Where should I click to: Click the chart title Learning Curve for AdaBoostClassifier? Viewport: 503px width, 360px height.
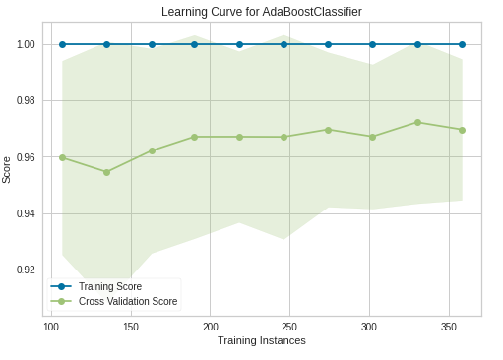[x=262, y=12]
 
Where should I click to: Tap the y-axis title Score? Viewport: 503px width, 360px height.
[x=6, y=170]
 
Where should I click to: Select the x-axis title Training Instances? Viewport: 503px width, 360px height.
[x=262, y=340]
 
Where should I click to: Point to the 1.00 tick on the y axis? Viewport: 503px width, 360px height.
[x=26, y=44]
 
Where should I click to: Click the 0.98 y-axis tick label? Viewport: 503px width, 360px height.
[x=26, y=101]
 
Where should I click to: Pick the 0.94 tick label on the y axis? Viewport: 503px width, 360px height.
[x=26, y=213]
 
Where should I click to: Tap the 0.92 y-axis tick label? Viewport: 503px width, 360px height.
[x=26, y=270]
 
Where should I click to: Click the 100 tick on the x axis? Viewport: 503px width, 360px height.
[x=51, y=327]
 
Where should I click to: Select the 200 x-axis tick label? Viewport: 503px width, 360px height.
[x=211, y=327]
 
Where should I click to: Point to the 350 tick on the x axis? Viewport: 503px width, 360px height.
[x=449, y=327]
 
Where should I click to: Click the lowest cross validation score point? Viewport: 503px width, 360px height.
[x=106, y=172]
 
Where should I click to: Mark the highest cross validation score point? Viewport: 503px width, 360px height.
[x=417, y=123]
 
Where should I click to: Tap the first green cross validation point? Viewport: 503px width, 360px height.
[x=62, y=158]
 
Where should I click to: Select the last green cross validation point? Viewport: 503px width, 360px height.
[x=462, y=131]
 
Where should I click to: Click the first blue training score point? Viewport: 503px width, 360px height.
[x=62, y=44]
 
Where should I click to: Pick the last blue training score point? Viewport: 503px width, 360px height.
[x=462, y=44]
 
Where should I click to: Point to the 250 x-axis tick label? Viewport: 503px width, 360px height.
[x=289, y=327]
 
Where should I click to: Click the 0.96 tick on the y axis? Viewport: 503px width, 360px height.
[x=26, y=157]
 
